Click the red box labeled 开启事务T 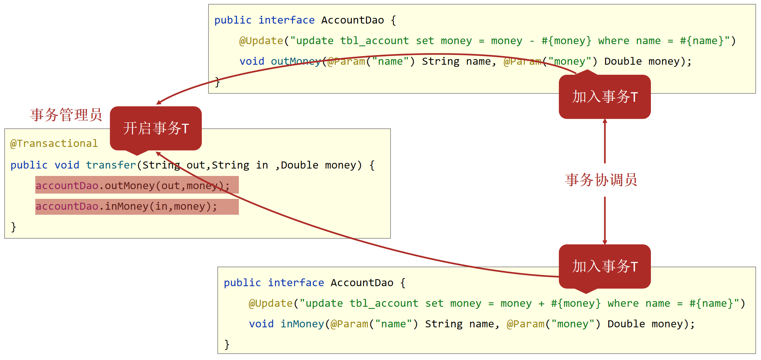point(156,128)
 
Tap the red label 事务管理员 point(66,115)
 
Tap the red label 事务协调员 point(601,180)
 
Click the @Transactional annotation point(54,144)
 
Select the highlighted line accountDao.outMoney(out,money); point(137,185)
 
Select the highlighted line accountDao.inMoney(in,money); point(137,206)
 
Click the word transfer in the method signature point(111,165)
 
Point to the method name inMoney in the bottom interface point(302,324)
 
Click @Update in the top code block point(261,41)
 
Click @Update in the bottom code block point(271,304)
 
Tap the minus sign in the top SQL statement point(532,41)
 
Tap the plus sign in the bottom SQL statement point(541,304)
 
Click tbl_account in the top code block point(374,41)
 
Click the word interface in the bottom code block point(296,283)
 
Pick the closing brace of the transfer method point(13,227)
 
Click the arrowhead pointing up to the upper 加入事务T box point(605,121)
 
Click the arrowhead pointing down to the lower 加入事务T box point(605,242)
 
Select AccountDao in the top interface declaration point(352,20)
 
